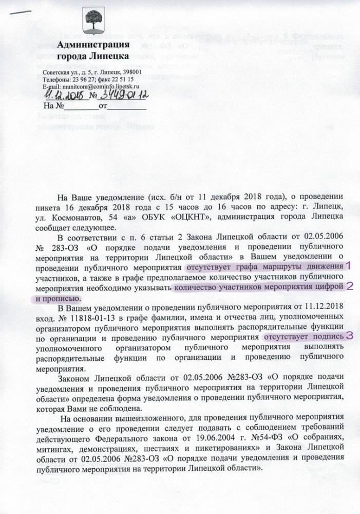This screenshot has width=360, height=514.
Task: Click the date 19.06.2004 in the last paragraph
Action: coord(220,438)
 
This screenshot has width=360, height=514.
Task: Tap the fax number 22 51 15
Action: coord(122,80)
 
